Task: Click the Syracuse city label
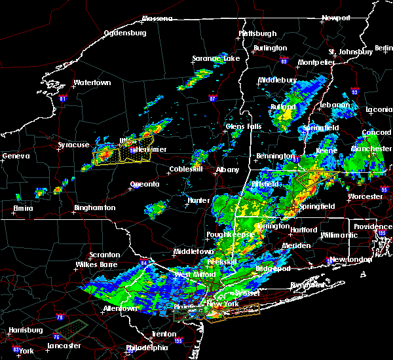[73, 145]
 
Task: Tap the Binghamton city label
[94, 207]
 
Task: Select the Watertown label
[92, 83]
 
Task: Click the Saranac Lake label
[215, 58]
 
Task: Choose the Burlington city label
[270, 48]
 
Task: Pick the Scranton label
[105, 255]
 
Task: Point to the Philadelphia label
[146, 347]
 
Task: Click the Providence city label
[373, 226]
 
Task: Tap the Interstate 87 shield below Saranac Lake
[213, 99]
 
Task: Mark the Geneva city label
[16, 156]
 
